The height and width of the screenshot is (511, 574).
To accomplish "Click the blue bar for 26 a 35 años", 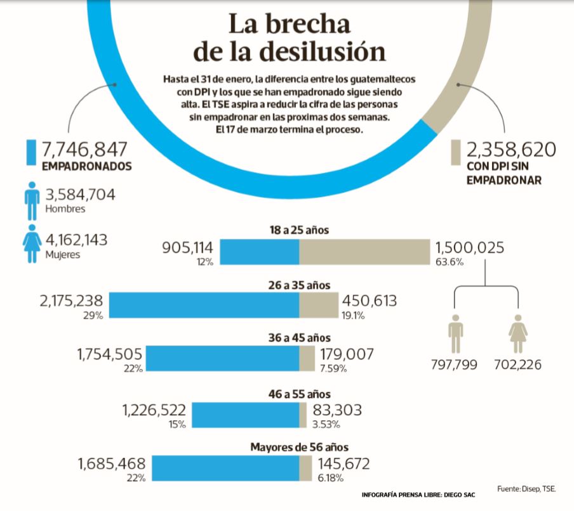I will tap(204, 305).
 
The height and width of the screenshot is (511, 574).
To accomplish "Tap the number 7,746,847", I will tap(85, 149).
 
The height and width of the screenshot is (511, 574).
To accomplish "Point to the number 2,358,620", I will tap(511, 150).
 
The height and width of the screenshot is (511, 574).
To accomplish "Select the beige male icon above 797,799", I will tap(456, 334).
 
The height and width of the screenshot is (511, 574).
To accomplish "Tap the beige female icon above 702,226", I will tap(517, 334).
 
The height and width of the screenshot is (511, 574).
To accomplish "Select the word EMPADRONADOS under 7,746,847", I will tap(86, 167).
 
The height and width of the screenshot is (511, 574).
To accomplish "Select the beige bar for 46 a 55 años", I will tap(303, 415).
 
